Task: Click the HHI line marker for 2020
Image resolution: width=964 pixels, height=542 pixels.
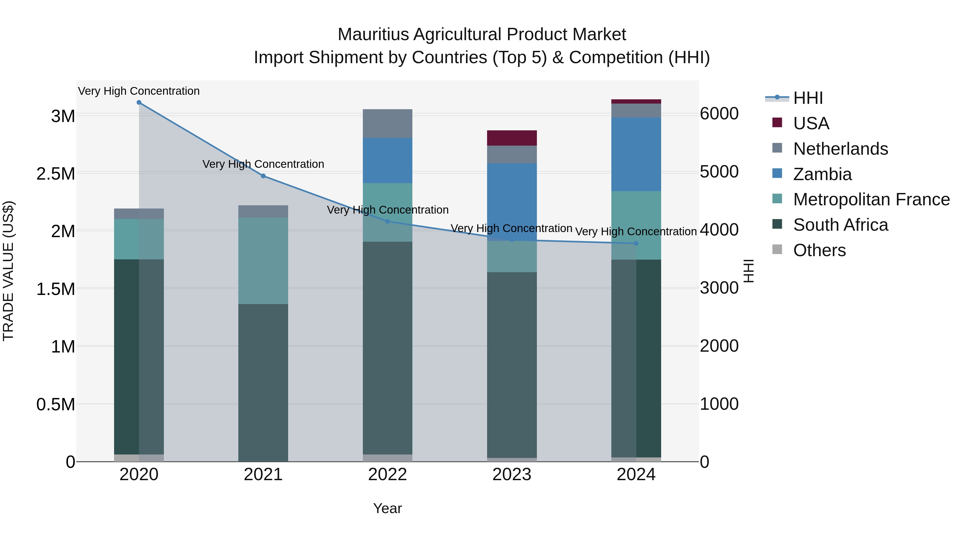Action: [x=139, y=103]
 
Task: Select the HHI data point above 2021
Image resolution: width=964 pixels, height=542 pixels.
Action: [x=263, y=176]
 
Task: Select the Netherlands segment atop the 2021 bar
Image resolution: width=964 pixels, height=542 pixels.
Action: [x=263, y=211]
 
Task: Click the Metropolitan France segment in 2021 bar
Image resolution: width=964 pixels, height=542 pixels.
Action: [x=263, y=261]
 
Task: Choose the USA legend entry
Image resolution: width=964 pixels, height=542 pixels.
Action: [x=811, y=123]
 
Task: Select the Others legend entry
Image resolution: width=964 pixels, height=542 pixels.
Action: [x=819, y=250]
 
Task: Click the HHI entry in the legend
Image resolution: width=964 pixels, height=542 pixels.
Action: [x=808, y=98]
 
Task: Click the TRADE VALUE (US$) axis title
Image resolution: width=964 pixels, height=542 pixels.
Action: [x=8, y=271]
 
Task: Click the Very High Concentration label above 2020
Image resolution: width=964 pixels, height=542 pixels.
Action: [x=139, y=91]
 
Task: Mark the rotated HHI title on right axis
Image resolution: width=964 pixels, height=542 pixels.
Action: [x=748, y=271]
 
